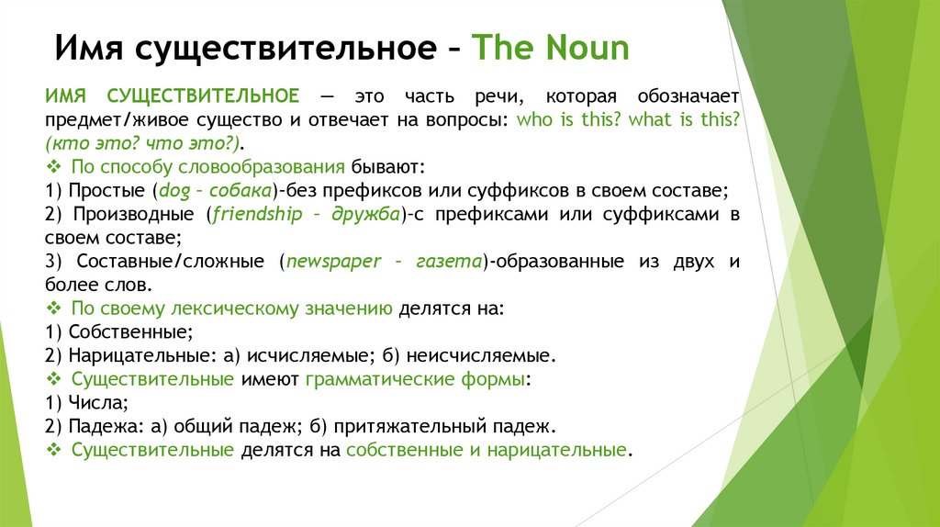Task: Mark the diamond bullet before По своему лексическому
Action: [x=51, y=308]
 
